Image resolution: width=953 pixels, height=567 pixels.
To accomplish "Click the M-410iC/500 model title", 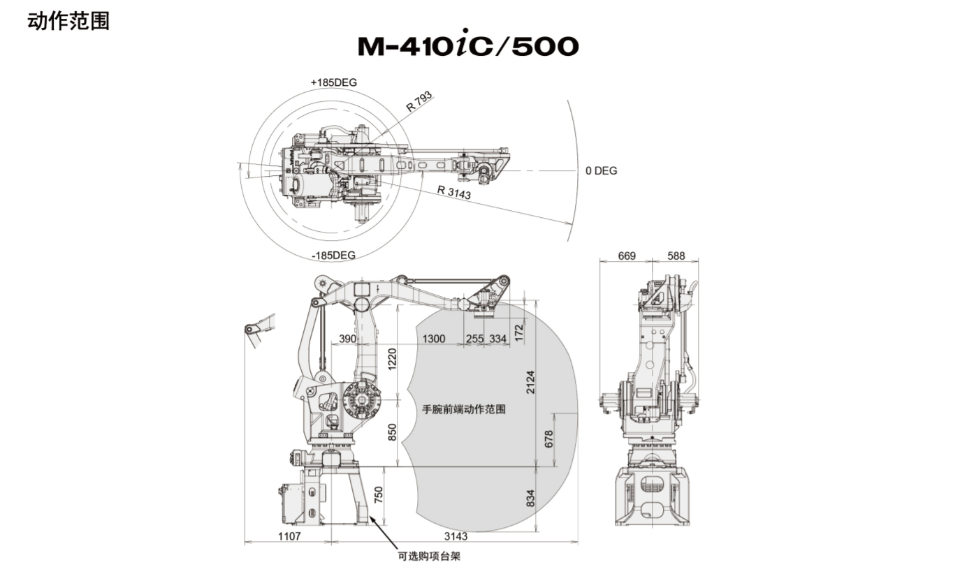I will pyautogui.click(x=467, y=46).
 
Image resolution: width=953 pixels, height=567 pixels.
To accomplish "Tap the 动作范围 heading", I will pyautogui.click(x=68, y=21).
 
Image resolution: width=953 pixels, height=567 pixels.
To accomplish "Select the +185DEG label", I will pyautogui.click(x=334, y=82).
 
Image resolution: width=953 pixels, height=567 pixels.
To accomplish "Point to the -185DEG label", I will pyautogui.click(x=333, y=255).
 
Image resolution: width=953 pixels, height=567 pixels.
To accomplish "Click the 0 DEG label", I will pyautogui.click(x=601, y=170).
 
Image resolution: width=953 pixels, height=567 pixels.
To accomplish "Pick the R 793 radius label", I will pyautogui.click(x=420, y=103).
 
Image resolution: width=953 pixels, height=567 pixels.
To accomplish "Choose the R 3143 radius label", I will pyautogui.click(x=454, y=192).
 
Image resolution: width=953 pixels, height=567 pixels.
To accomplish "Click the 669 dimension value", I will pyautogui.click(x=627, y=256).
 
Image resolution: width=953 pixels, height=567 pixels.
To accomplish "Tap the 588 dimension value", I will pyautogui.click(x=676, y=256).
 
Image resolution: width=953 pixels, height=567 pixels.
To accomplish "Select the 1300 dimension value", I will pyautogui.click(x=434, y=339).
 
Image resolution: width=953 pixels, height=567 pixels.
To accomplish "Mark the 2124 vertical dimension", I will pyautogui.click(x=531, y=382).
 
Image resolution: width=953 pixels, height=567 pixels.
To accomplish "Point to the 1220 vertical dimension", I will pyautogui.click(x=393, y=360).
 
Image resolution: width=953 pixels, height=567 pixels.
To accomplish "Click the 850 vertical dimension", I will pyautogui.click(x=393, y=433).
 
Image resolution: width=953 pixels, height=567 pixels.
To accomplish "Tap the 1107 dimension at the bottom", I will pyautogui.click(x=289, y=537).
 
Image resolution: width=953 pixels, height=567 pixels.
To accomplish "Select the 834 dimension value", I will pyautogui.click(x=530, y=497).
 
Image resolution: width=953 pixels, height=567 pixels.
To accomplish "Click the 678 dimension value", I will pyautogui.click(x=548, y=439).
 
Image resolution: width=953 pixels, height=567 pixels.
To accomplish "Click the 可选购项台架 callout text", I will pyautogui.click(x=429, y=557).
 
